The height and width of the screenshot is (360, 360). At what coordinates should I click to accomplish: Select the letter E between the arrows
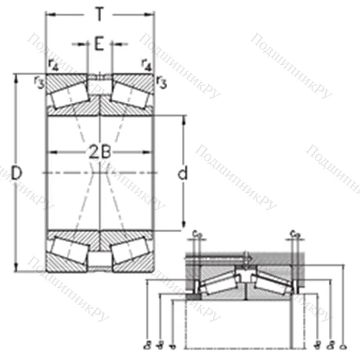tap(99, 44)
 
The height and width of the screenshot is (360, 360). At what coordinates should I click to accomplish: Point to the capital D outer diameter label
tap(17, 172)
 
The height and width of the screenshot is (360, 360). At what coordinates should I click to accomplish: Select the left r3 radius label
tap(40, 80)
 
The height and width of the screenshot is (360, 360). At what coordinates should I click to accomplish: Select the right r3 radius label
tap(160, 81)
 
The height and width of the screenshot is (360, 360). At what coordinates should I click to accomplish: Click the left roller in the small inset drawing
tap(219, 283)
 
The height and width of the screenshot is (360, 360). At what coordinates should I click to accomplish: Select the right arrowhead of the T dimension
tap(152, 13)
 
